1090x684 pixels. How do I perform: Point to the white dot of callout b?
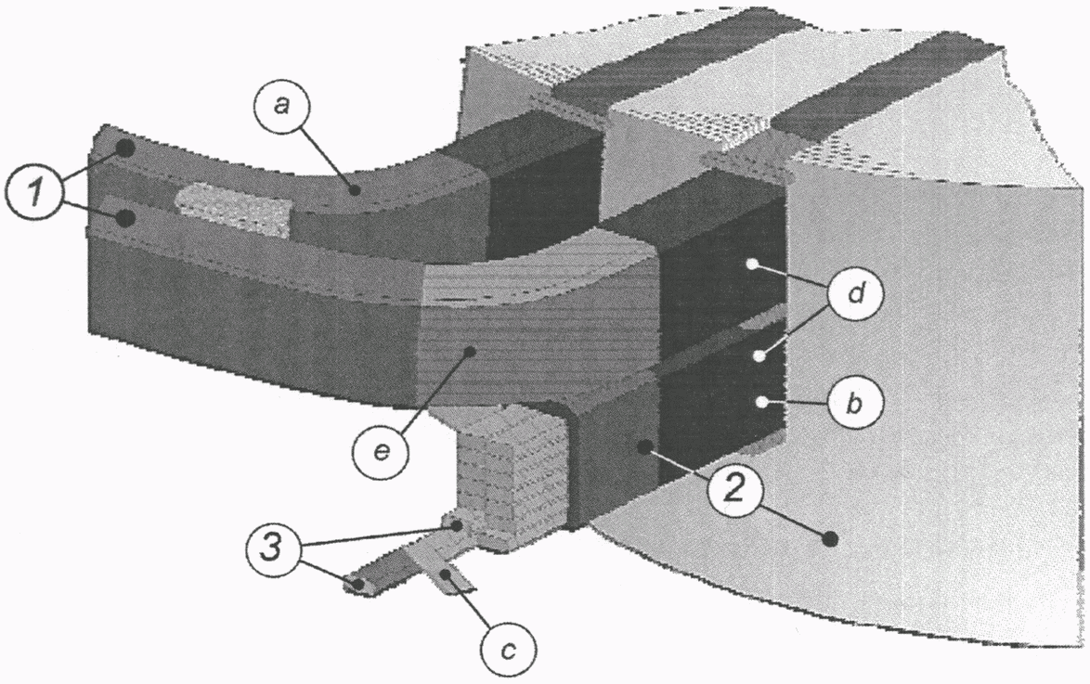click(x=763, y=402)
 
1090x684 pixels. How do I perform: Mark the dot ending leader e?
click(x=472, y=351)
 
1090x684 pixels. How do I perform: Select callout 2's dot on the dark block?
click(x=642, y=447)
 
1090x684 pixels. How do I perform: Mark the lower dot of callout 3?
click(x=357, y=584)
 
